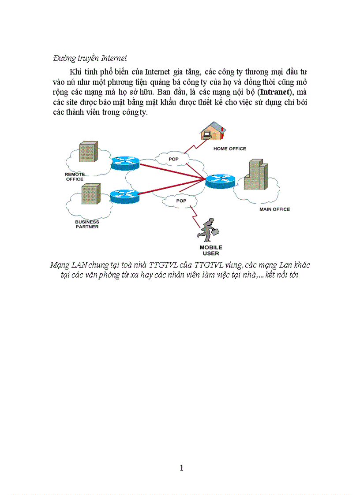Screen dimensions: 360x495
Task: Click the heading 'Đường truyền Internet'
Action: coord(90,58)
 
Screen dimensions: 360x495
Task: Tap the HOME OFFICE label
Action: coord(229,149)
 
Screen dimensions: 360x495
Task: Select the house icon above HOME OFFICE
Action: coord(212,131)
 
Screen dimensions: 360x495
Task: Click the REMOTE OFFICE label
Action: coord(75,177)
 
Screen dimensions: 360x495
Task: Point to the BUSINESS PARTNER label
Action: coord(87,224)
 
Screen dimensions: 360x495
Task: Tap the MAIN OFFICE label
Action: coord(274,209)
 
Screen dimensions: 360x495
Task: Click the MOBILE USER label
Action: coord(211,250)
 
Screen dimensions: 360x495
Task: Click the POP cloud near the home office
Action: coord(173,159)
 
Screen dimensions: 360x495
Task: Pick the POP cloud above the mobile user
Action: coord(181,201)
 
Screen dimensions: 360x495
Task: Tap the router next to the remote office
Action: coord(125,163)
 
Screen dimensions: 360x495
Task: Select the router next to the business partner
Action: coord(124,195)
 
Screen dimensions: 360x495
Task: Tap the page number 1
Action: coord(181,468)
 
